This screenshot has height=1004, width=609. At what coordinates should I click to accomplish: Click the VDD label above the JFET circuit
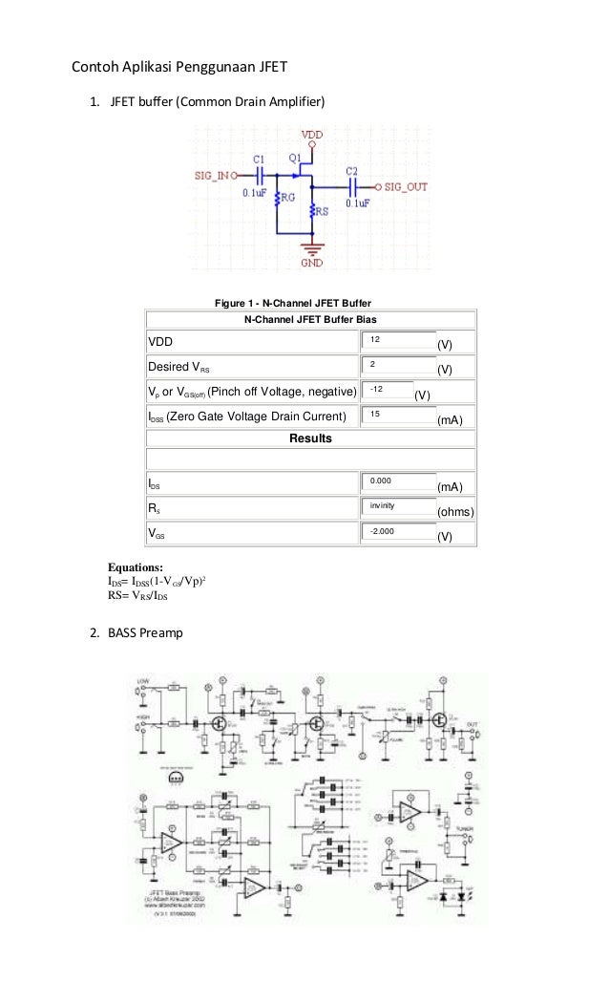[x=311, y=135]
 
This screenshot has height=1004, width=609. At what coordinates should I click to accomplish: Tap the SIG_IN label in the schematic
[x=211, y=176]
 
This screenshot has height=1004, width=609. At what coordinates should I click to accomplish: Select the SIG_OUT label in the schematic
[x=406, y=187]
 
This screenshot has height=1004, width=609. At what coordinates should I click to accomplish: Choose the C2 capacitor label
[x=351, y=171]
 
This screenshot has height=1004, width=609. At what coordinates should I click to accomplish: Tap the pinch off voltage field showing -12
[x=387, y=390]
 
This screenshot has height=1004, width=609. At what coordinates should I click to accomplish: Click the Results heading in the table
[x=310, y=438]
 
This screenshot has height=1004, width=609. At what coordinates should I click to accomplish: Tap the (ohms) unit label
[x=455, y=512]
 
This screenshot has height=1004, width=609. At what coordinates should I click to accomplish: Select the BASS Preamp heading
[x=142, y=632]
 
